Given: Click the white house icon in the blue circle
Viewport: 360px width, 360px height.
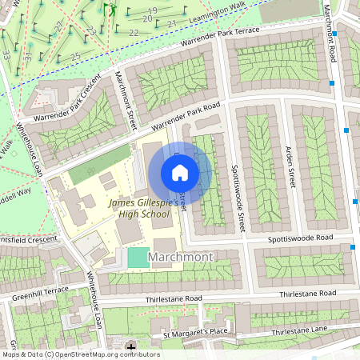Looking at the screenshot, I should click(180, 173).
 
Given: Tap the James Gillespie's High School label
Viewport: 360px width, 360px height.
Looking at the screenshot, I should click(144, 209).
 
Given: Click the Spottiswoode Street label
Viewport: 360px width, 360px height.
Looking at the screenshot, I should click(238, 198).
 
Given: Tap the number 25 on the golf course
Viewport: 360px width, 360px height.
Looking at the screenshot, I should click(75, 56).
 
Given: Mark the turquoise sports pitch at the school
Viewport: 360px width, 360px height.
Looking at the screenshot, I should click(138, 258).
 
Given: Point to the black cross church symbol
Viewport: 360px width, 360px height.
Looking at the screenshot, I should click(131, 346).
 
